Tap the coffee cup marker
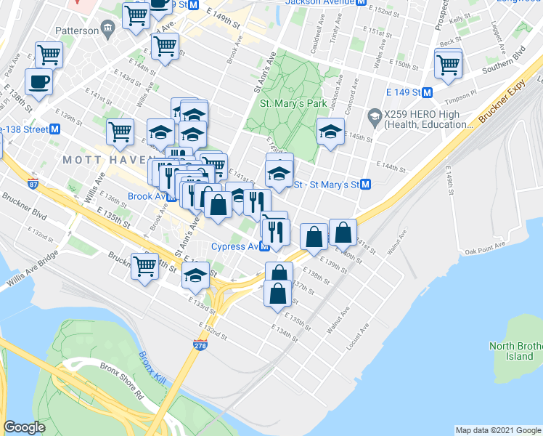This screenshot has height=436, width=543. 38,81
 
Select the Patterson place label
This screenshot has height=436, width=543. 78,31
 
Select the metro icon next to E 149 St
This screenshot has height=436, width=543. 428,93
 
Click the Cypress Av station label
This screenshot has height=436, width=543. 235,246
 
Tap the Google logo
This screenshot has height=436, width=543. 24,427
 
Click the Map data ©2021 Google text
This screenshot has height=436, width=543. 497,430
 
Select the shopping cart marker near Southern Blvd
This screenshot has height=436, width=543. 448,64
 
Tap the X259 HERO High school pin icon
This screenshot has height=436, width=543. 375,116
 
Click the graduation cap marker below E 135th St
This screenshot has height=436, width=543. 195,276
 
